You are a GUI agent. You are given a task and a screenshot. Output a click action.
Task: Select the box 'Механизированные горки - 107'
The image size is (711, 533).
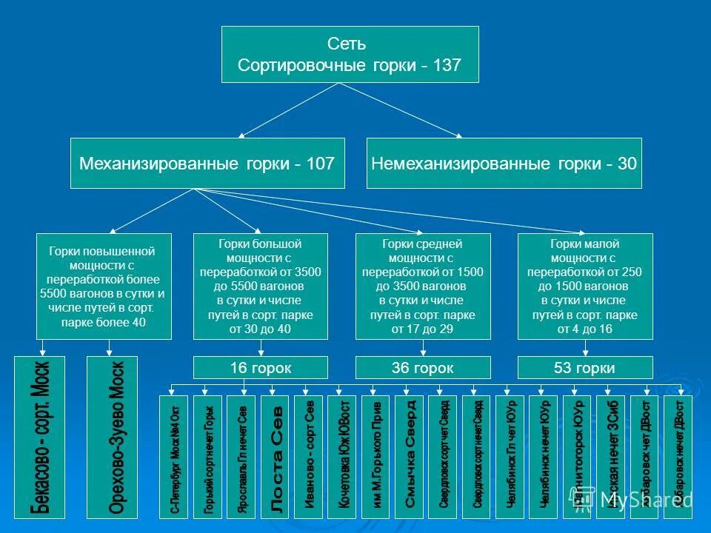207,163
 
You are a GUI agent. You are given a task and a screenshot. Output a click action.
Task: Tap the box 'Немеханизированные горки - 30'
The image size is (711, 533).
504,163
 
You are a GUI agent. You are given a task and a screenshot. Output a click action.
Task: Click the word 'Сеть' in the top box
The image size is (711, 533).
350,45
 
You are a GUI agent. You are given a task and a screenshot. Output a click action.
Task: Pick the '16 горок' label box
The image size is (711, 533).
260,368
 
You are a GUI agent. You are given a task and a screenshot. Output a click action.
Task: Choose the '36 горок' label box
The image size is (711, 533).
423,368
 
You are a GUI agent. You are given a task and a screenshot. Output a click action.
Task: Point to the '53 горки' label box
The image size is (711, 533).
584,368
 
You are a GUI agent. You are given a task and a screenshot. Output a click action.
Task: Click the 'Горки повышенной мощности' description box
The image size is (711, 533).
104,286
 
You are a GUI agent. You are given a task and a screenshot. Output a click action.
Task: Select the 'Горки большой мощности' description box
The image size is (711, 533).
260,286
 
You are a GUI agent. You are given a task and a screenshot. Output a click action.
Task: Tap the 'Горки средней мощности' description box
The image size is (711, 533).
423,286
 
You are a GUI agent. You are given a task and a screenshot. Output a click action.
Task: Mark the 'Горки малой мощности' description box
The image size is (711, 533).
584,286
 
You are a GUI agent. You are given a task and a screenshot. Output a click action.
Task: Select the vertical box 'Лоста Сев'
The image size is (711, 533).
276,455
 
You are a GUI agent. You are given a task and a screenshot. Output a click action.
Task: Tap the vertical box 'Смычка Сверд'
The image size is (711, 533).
410,455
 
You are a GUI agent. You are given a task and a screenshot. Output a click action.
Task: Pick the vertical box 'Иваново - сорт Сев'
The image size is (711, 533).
309,455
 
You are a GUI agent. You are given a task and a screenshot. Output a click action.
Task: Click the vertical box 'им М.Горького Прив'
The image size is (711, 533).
375,455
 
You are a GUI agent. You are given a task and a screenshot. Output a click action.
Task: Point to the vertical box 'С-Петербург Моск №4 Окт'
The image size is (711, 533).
174,455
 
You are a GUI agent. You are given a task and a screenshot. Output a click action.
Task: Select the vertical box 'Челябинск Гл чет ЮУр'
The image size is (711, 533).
510,455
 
